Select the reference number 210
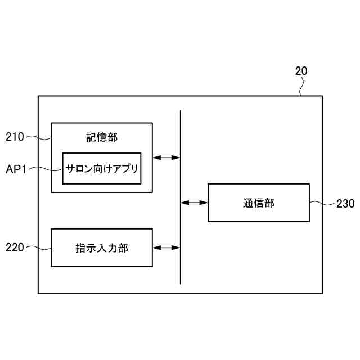click(15, 136)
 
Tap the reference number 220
click(15, 247)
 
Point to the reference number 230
click(345, 204)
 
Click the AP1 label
click(16, 168)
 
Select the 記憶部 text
click(102, 137)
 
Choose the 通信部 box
click(259, 202)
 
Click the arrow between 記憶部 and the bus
click(166, 157)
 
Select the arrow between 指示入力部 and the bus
click(166, 247)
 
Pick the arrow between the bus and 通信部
click(194, 202)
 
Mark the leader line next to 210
click(39, 137)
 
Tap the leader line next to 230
click(322, 203)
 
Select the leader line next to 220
click(38, 247)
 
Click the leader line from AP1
click(48, 168)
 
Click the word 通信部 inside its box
click(259, 203)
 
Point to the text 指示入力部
click(102, 247)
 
